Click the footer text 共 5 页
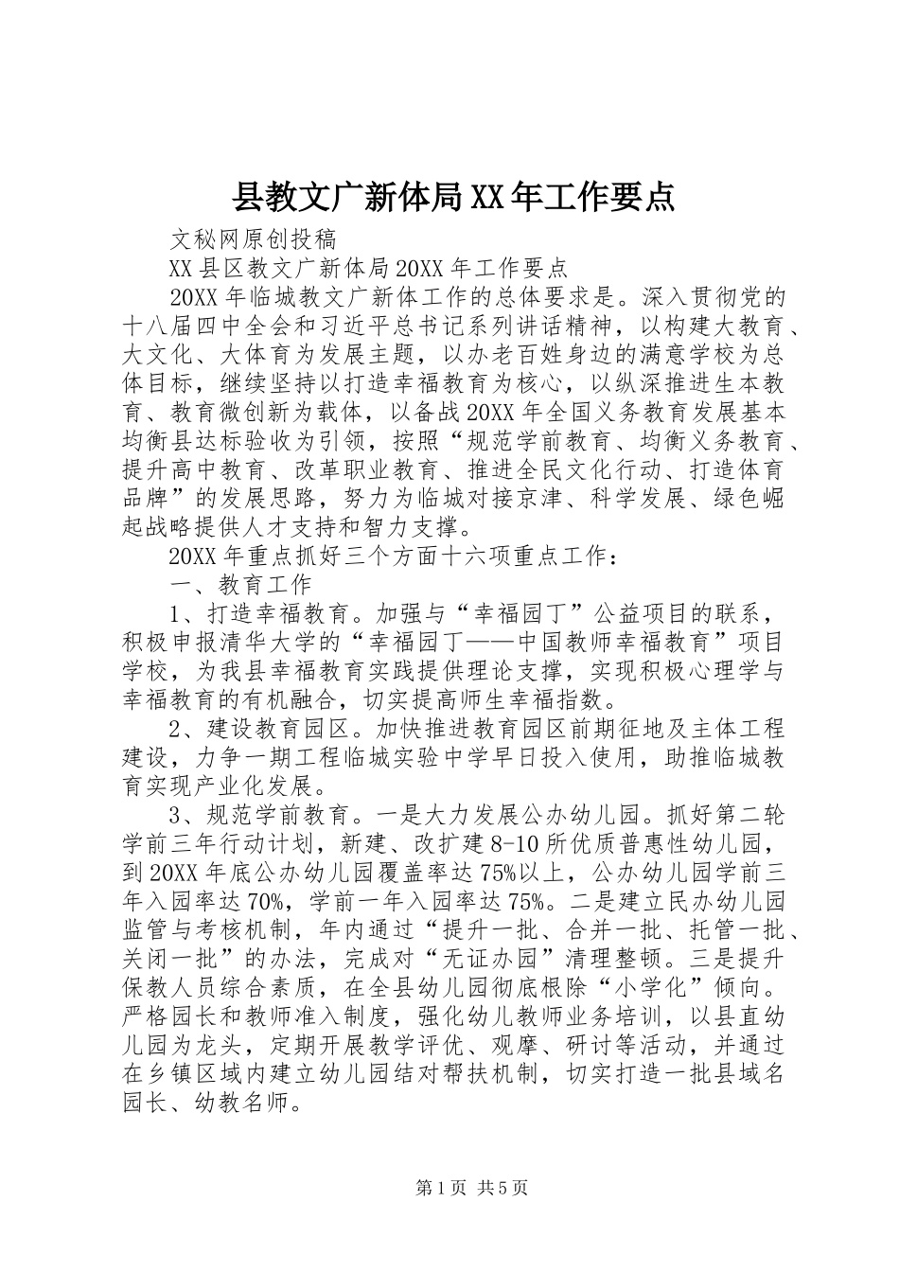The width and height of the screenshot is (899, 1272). (502, 1189)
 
